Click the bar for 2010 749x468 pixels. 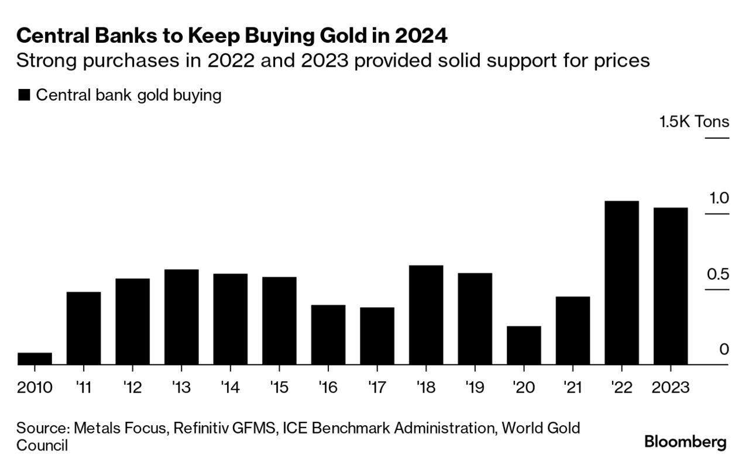click(35, 359)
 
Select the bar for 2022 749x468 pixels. click(621, 283)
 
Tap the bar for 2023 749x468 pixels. click(671, 287)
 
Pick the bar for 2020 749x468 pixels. click(524, 346)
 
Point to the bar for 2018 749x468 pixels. click(426, 315)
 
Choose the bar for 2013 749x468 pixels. click(181, 317)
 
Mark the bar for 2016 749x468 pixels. click(328, 335)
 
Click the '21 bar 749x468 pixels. click(573, 331)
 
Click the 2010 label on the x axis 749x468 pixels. click(35, 387)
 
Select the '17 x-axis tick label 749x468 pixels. click(377, 387)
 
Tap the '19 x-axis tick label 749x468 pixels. click(475, 387)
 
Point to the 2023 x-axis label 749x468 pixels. click(671, 387)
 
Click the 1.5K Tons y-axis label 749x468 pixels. click(694, 122)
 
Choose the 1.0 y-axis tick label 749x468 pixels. click(719, 198)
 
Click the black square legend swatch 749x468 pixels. click(24, 95)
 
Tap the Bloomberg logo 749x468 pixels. click(685, 442)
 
